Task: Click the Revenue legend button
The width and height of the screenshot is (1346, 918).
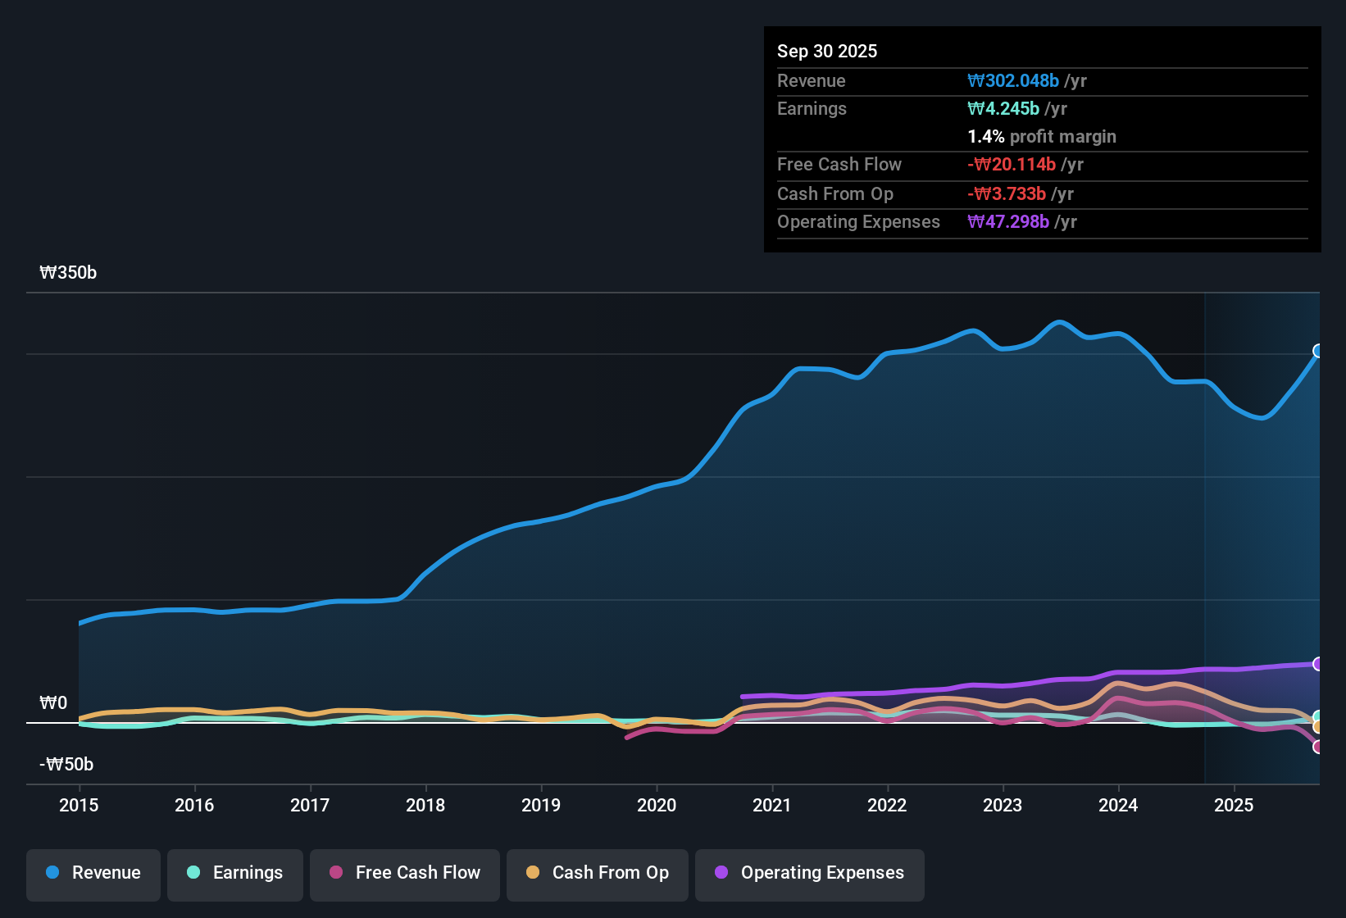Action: pos(93,873)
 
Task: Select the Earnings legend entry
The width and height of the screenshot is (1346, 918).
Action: pos(234,873)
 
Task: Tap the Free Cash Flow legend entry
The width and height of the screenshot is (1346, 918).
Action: pos(404,873)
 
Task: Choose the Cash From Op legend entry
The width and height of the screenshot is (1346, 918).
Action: pos(597,873)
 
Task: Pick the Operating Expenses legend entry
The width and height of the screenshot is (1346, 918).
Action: pos(809,873)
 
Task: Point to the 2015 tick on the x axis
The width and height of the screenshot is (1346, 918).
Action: pos(79,805)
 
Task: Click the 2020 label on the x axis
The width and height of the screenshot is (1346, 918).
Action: pos(657,805)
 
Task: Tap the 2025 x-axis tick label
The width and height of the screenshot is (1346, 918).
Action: pos(1233,805)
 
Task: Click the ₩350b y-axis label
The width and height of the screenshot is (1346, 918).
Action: pos(68,273)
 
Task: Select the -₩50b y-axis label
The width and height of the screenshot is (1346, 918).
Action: pos(66,765)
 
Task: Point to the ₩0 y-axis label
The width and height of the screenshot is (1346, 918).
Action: pos(53,703)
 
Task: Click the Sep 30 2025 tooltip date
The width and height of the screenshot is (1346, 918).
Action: pos(826,52)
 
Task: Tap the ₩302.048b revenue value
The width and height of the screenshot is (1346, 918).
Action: pos(1013,81)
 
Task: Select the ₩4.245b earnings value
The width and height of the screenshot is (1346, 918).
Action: pos(1003,109)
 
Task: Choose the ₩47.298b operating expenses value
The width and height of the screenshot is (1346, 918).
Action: pos(1008,222)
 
